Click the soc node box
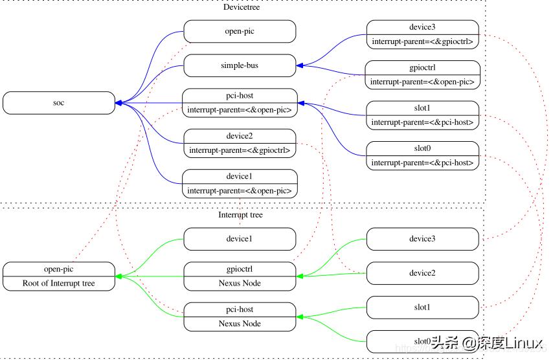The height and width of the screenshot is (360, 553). (x=60, y=103)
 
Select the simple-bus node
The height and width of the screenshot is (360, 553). (x=240, y=65)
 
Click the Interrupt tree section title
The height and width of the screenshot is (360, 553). (x=240, y=215)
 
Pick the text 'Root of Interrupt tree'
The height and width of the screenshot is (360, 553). (x=59, y=283)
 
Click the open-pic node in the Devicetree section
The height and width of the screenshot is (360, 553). (x=240, y=31)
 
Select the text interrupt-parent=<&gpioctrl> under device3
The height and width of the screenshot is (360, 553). (x=422, y=42)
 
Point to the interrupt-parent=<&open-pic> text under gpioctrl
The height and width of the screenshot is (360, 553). (x=422, y=82)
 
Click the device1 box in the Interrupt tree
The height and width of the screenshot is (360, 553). (x=240, y=239)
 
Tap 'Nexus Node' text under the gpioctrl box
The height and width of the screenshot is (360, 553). (x=240, y=283)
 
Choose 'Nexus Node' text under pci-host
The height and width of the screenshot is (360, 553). (x=240, y=324)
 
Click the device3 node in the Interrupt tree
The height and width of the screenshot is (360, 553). (x=422, y=239)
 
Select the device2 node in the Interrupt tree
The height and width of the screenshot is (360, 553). (x=422, y=273)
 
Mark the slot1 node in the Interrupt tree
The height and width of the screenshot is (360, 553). (x=422, y=307)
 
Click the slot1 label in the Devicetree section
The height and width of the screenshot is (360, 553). (x=422, y=108)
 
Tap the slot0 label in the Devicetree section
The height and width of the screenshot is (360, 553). (x=422, y=148)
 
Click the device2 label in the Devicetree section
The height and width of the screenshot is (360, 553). (x=240, y=136)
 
